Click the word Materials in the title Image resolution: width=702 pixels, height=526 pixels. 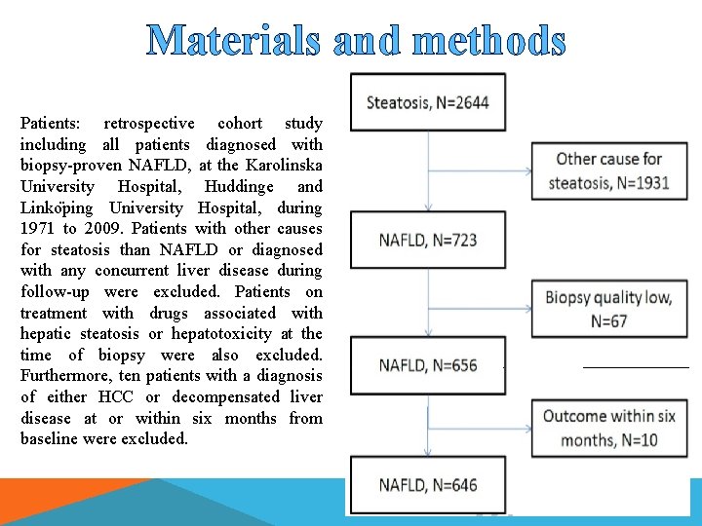[233, 40]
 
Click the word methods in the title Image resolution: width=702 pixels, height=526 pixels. [488, 40]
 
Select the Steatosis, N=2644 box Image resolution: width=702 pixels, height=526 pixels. [428, 102]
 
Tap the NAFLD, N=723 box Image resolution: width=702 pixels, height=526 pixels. [428, 240]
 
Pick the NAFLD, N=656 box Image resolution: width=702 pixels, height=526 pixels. [428, 365]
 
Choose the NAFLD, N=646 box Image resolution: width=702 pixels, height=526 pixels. [428, 485]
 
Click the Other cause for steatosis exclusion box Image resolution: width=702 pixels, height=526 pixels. [609, 170]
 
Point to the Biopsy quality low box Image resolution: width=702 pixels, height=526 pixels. [609, 309]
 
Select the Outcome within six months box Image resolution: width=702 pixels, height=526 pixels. [609, 428]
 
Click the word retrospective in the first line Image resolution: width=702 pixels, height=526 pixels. [148, 124]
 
